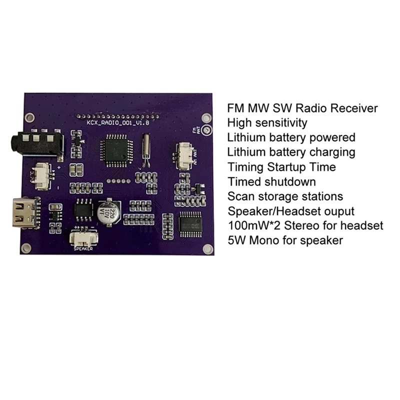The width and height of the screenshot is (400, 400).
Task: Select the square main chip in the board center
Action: pyautogui.click(x=115, y=149)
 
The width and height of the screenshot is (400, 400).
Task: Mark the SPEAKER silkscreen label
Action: pyautogui.click(x=83, y=247)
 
